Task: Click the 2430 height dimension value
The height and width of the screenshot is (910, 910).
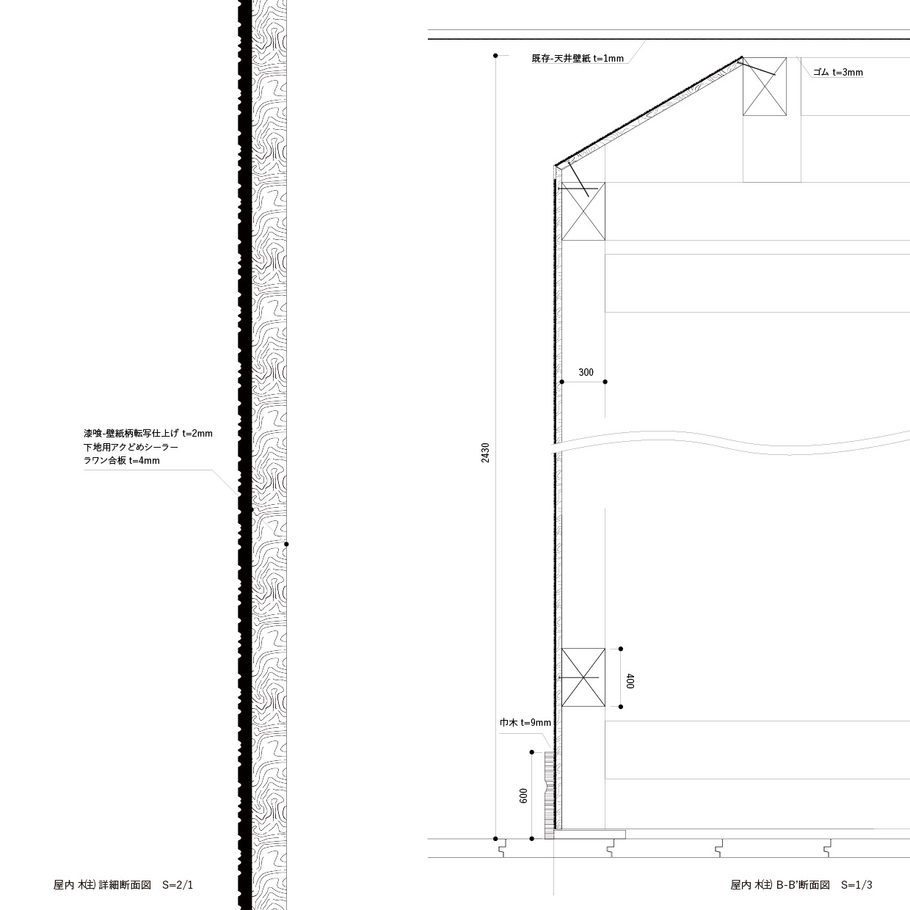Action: (x=486, y=452)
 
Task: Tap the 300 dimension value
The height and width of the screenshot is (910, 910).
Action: (x=586, y=372)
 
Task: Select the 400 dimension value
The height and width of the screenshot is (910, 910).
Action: (x=630, y=681)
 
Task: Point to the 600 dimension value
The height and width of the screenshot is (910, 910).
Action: (x=523, y=796)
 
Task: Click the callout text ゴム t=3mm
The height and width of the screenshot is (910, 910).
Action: (x=838, y=72)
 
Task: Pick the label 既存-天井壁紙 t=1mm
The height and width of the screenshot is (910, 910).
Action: (x=578, y=59)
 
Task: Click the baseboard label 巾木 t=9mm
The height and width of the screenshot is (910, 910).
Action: (x=525, y=723)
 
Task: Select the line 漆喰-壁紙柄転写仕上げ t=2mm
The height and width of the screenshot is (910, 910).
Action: (x=148, y=434)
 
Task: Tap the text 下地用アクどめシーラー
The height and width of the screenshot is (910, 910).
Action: (x=131, y=447)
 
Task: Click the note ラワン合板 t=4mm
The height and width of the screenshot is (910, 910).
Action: (x=121, y=460)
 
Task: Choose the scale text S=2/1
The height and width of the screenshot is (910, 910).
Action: (x=178, y=885)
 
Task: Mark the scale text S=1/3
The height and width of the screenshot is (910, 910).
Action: (x=856, y=885)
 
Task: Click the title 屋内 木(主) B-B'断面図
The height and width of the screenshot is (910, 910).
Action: (x=779, y=885)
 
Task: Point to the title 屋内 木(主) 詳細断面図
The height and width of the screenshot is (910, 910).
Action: (x=102, y=885)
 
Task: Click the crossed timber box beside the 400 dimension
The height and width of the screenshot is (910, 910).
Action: (x=583, y=677)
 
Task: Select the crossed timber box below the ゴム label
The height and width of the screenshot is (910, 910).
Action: (x=765, y=87)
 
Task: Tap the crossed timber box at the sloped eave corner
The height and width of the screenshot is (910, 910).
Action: (x=583, y=211)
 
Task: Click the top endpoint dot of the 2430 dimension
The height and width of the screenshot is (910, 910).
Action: (x=495, y=56)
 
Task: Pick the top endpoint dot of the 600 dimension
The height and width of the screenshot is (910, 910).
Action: (x=532, y=752)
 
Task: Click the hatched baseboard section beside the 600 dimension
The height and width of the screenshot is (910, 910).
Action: (x=549, y=796)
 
